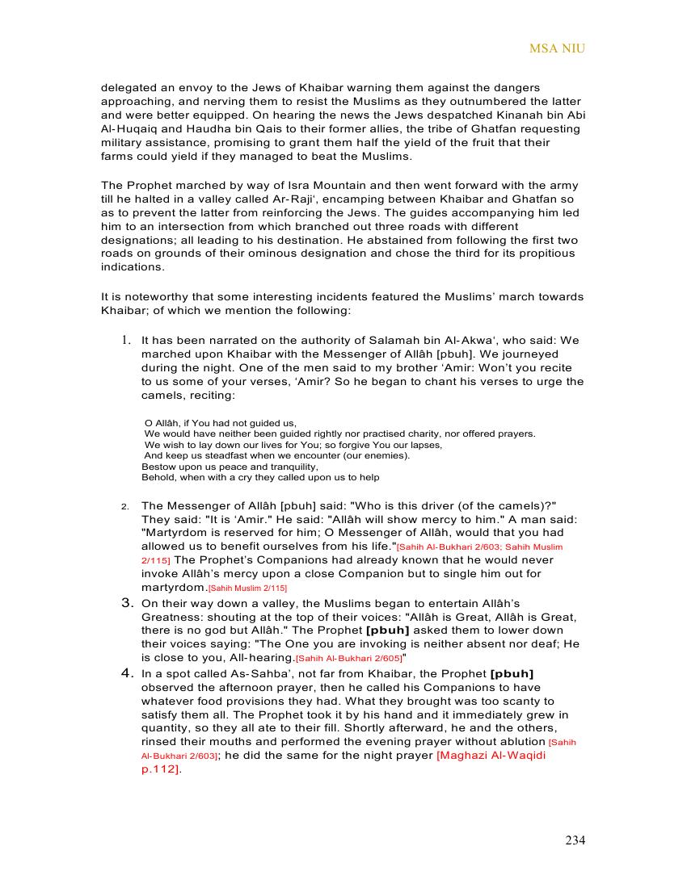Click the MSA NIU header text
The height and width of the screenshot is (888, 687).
(x=557, y=48)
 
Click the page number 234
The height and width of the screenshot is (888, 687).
(x=575, y=840)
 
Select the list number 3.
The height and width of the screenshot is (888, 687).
(x=127, y=602)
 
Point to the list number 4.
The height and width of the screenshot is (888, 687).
(x=127, y=672)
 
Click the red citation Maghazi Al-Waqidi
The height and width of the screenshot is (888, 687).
(x=491, y=756)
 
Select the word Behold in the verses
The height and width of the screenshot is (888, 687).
(x=158, y=477)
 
